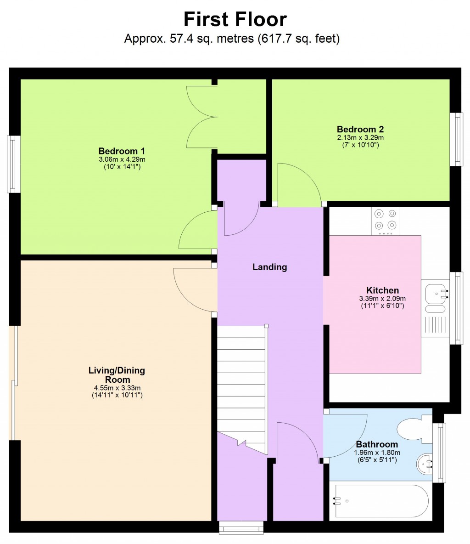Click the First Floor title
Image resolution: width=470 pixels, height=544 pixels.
tap(235, 20)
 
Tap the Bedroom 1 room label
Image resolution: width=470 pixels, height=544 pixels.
tap(122, 151)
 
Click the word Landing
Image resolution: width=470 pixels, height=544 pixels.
tap(269, 267)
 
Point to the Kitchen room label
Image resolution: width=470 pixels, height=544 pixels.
tap(382, 290)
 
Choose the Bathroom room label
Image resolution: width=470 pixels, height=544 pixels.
tap(376, 444)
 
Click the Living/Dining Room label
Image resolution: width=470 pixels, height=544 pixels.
tap(117, 375)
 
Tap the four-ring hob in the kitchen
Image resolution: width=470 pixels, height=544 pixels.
tap(386, 220)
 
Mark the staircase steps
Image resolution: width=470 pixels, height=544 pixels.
tap(241, 386)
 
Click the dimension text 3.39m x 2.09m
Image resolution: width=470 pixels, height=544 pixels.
tap(382, 298)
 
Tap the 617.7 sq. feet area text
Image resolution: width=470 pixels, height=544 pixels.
tap(298, 39)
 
